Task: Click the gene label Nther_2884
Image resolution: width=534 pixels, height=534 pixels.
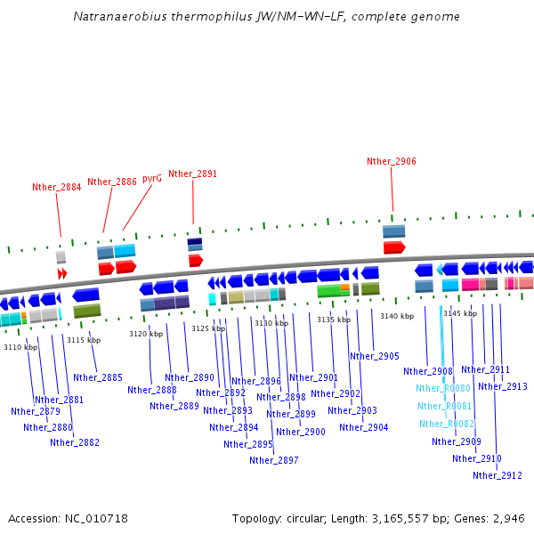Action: tap(56, 187)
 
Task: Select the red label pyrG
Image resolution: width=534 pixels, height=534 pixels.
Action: tap(152, 178)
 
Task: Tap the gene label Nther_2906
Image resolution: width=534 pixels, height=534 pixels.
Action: tap(392, 161)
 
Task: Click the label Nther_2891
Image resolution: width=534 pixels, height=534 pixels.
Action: tap(192, 174)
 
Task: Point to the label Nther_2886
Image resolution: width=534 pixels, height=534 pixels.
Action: tap(112, 182)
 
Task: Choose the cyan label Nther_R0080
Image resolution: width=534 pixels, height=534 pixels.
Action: tap(443, 388)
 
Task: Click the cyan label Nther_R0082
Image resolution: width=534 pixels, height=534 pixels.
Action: tap(447, 424)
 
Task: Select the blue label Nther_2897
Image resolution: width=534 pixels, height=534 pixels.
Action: tap(274, 460)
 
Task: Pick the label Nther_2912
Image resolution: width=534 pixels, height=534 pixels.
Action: tap(498, 475)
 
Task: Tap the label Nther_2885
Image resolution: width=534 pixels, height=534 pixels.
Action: tap(98, 377)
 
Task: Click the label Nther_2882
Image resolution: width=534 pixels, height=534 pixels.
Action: tap(75, 442)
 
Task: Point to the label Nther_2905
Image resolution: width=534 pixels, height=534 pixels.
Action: tap(375, 356)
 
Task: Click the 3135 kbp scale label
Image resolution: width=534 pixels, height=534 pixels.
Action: tap(333, 320)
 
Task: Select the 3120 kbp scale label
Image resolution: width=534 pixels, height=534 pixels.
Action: tap(146, 334)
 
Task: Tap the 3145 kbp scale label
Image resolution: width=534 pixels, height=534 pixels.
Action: tap(460, 313)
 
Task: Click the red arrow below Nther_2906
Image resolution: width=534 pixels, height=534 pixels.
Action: tap(394, 247)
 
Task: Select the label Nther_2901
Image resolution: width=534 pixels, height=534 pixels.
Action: tap(313, 377)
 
